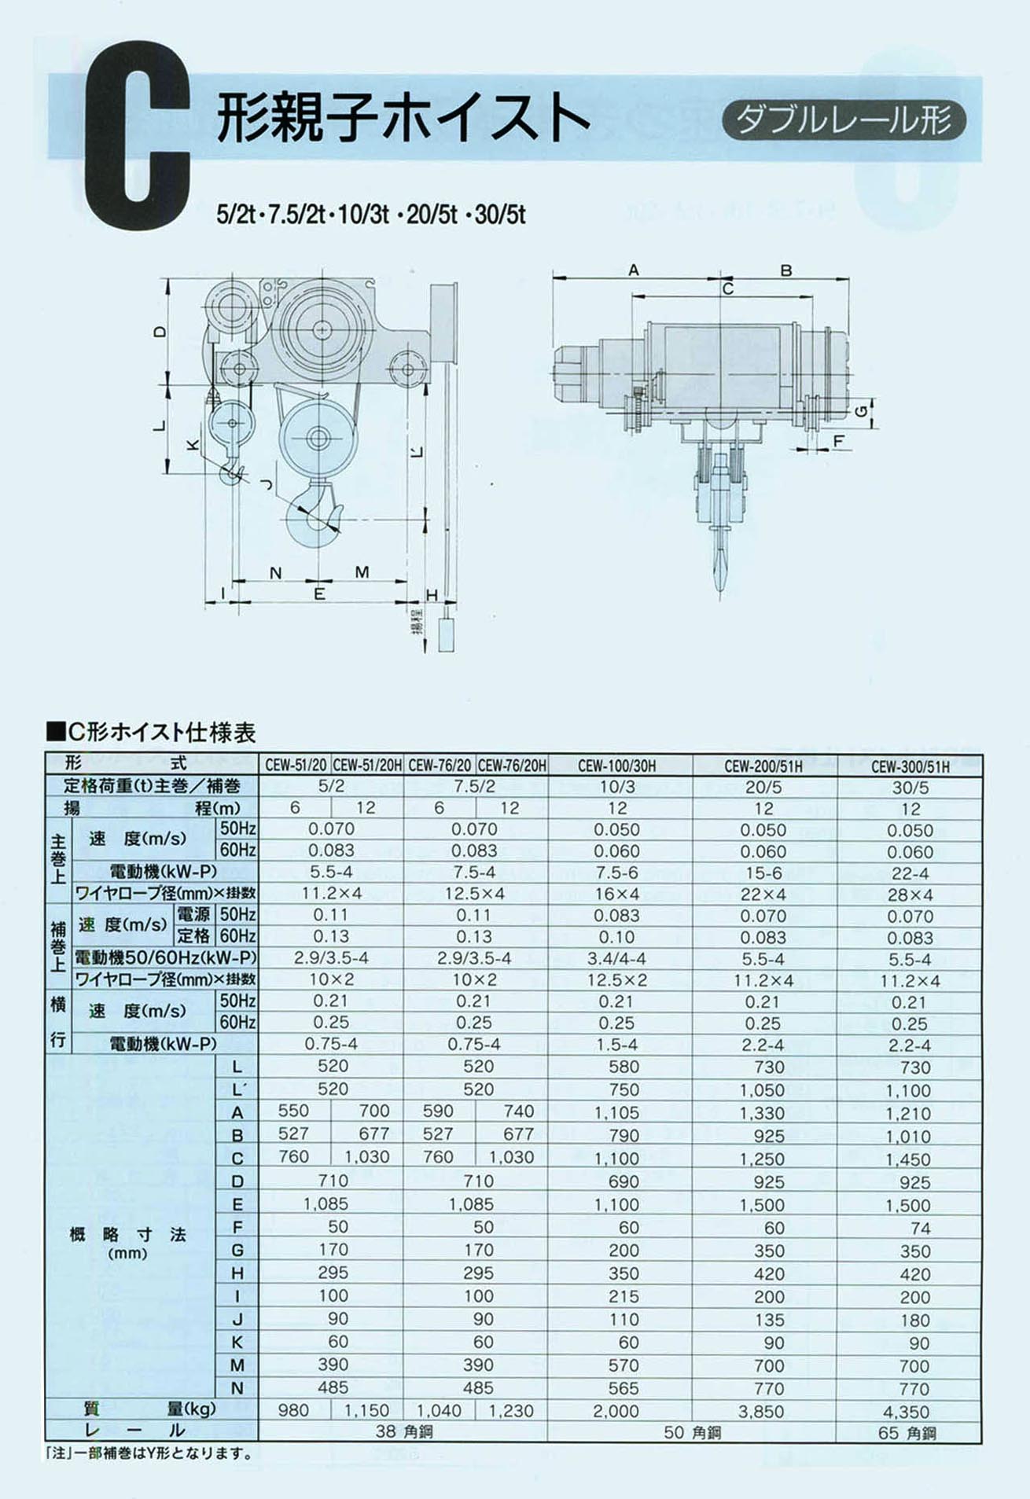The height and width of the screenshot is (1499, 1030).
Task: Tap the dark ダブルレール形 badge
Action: click(844, 120)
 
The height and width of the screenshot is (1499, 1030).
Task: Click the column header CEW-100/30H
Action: click(616, 765)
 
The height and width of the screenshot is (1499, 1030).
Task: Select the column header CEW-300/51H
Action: click(910, 766)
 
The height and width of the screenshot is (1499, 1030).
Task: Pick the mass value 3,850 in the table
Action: click(761, 1411)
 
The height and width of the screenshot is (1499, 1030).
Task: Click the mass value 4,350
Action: click(906, 1412)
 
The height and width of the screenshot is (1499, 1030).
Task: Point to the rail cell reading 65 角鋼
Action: click(907, 1433)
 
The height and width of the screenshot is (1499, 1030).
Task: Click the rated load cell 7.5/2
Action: click(474, 786)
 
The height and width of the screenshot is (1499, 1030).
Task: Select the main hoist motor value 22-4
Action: click(910, 873)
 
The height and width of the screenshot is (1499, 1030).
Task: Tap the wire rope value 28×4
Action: click(910, 895)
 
